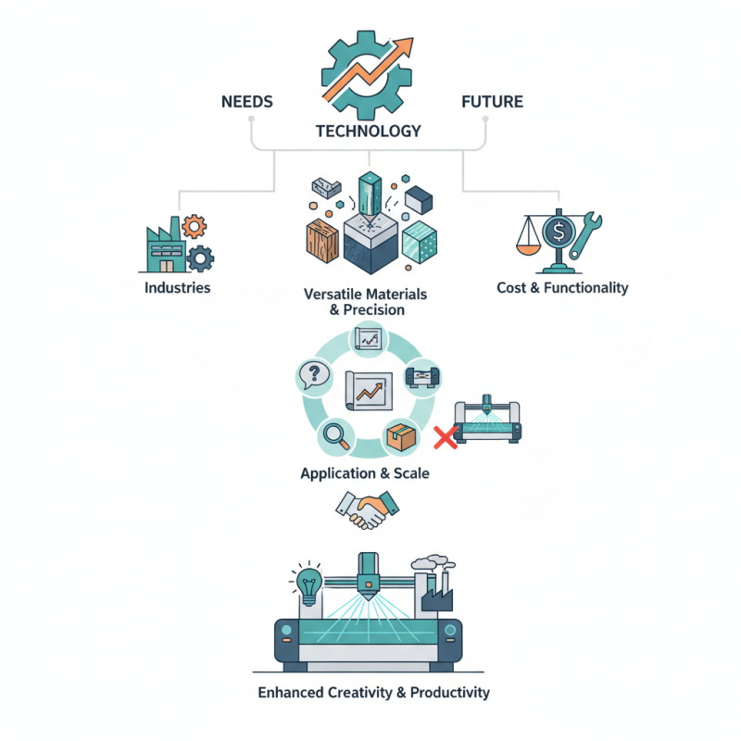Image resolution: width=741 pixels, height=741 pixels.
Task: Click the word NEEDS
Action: tap(247, 102)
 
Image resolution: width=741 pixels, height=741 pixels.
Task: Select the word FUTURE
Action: tap(492, 102)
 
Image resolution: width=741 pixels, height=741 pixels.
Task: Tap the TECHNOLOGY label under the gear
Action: tap(368, 131)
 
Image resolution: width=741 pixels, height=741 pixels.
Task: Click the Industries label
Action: tap(178, 287)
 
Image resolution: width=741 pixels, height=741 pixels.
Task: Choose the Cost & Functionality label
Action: tap(562, 287)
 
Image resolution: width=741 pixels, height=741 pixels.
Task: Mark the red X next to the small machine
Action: tap(446, 437)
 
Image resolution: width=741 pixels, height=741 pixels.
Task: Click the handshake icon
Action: tap(369, 510)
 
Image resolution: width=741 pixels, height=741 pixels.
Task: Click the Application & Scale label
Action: tap(365, 473)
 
